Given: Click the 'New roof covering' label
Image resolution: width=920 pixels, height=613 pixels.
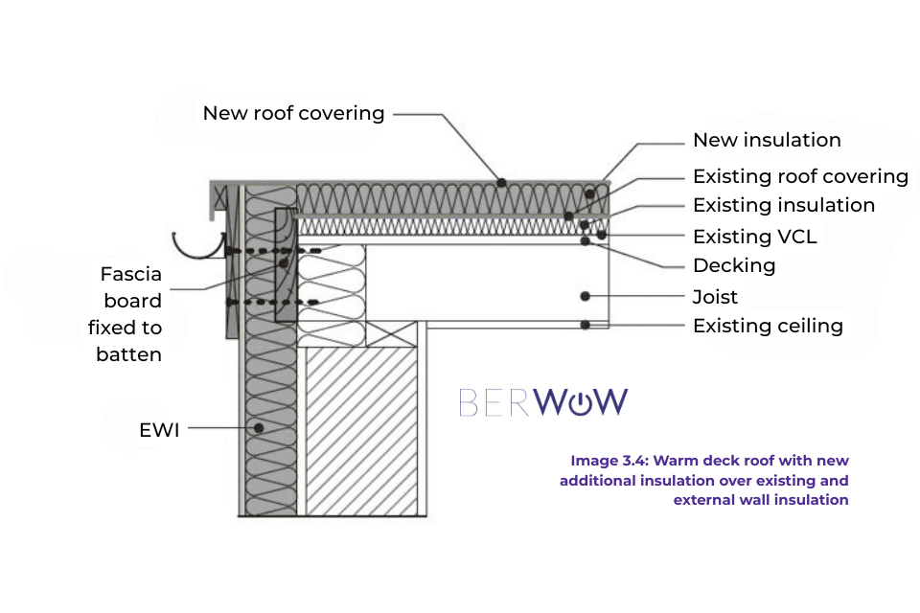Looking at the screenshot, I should point(293,113).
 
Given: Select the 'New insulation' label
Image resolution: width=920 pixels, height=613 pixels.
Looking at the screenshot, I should point(767,140).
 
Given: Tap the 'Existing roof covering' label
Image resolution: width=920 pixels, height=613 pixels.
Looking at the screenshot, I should point(800,176).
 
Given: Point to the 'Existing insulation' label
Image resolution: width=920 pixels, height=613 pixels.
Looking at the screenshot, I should point(783,205).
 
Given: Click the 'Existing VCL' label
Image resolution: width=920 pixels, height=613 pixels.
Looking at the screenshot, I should point(754,236).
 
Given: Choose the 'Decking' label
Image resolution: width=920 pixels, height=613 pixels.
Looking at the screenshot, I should point(734,265).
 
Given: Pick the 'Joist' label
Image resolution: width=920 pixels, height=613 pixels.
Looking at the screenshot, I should point(715,297).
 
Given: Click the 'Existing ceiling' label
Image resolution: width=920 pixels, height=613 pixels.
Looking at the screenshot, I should point(768,326).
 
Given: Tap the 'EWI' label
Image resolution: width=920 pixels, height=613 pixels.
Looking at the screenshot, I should point(158,430).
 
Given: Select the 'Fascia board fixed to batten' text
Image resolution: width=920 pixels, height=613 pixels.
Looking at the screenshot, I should point(130,314).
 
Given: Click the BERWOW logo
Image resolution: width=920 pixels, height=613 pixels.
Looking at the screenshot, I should point(543,402).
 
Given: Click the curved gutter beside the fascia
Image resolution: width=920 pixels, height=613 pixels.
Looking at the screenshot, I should point(197,246).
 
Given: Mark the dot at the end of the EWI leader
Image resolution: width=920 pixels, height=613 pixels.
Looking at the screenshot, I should point(258,428).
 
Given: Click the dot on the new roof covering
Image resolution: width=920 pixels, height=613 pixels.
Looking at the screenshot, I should point(500,181).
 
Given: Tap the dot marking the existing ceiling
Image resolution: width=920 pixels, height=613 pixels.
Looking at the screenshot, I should point(585,325).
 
